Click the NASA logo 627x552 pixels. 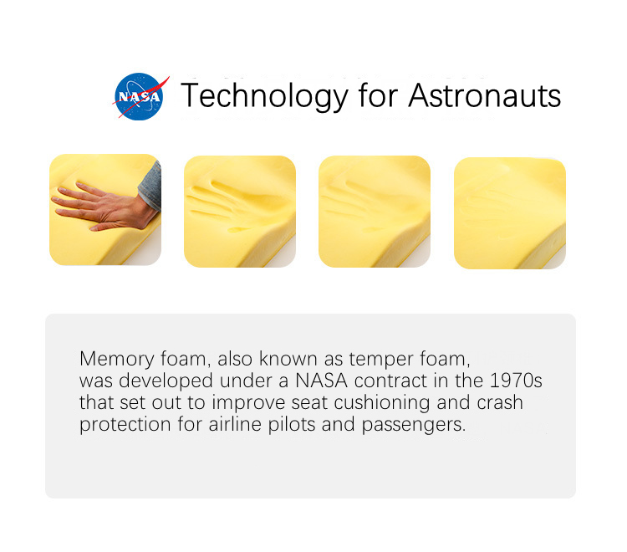(140, 96)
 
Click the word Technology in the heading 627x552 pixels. (265, 96)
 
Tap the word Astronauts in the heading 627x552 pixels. (484, 96)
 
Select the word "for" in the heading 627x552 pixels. (378, 95)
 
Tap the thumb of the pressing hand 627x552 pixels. (107, 227)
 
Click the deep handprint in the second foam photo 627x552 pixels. (228, 207)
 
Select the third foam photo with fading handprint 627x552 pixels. (375, 212)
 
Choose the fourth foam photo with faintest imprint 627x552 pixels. (510, 212)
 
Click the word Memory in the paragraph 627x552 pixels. (117, 359)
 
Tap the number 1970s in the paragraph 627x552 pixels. (516, 381)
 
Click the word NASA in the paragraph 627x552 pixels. (322, 381)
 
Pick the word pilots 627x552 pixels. (292, 424)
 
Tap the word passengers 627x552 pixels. (414, 425)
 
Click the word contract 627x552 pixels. (390, 381)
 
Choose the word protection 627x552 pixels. (125, 425)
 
